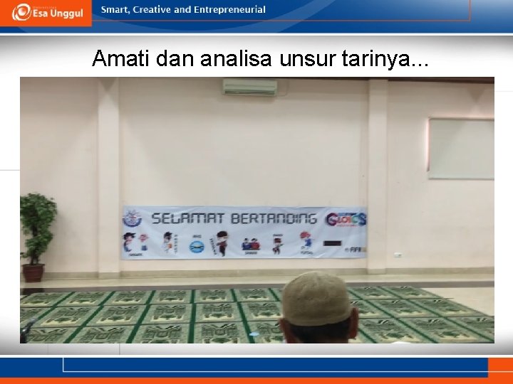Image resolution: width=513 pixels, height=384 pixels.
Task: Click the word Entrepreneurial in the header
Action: pos(229,10)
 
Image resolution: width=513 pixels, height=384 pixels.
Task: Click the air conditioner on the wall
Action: pos(249,87)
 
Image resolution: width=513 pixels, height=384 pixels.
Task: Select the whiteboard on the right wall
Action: pos(461,148)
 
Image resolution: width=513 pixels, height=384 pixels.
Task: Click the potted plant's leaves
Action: pos(38,218)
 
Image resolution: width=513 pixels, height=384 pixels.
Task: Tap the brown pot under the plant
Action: pos(33,272)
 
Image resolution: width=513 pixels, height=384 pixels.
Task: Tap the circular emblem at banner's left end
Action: pos(133,218)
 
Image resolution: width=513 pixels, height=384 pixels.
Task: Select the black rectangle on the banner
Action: pos(332,243)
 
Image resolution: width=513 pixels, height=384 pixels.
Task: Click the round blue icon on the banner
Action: pos(196,245)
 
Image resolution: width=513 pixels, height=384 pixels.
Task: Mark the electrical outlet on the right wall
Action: pos(398,255)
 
